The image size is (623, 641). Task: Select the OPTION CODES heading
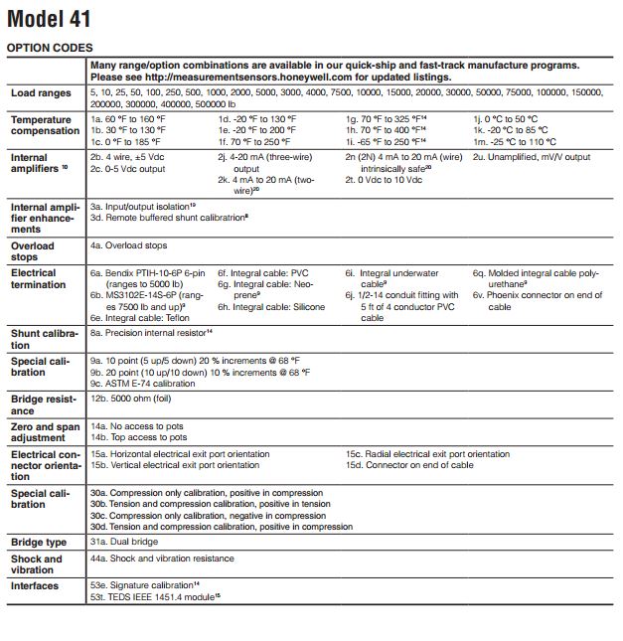click(50, 48)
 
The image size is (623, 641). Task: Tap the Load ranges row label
click(41, 93)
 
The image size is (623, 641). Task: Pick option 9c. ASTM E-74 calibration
click(146, 383)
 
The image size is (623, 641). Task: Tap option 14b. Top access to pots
click(138, 436)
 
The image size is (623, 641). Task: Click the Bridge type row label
click(39, 543)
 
